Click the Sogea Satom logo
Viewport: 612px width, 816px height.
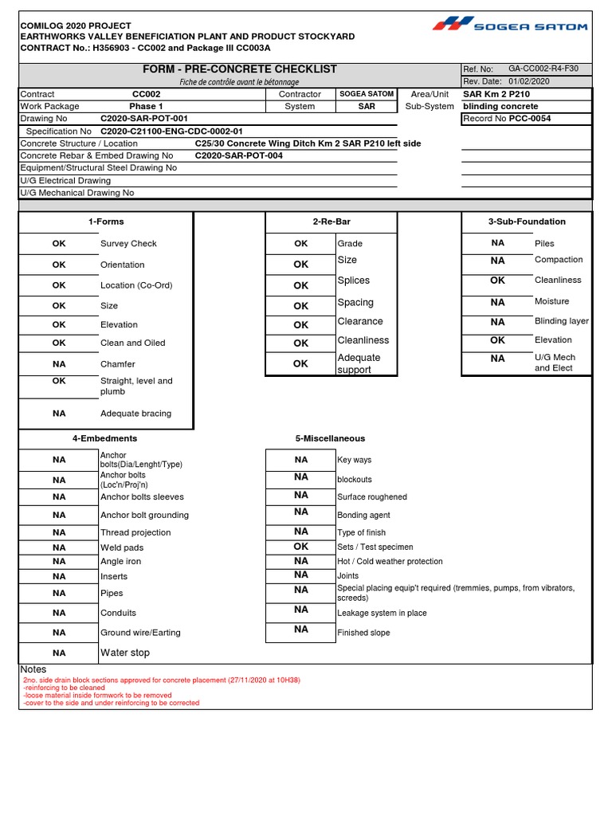(x=510, y=25)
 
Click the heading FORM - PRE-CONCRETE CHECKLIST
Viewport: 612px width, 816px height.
(x=240, y=69)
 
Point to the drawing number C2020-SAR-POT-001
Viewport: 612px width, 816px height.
(x=144, y=118)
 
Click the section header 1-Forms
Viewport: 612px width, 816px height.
(x=106, y=222)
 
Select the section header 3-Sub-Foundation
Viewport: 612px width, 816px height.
(x=527, y=222)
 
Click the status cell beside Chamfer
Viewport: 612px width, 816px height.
(x=59, y=363)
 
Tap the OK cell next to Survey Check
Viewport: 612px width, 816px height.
(x=59, y=244)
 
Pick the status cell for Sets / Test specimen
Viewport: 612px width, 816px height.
(x=300, y=547)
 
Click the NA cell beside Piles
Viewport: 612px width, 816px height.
(x=497, y=243)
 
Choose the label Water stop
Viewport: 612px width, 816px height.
(x=124, y=653)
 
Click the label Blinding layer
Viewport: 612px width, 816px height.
(x=561, y=321)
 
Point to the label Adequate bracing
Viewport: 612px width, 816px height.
(x=135, y=414)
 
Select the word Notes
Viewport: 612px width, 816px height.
(x=33, y=669)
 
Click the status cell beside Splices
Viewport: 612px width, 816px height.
(x=300, y=285)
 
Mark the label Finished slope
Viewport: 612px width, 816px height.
(x=363, y=633)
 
